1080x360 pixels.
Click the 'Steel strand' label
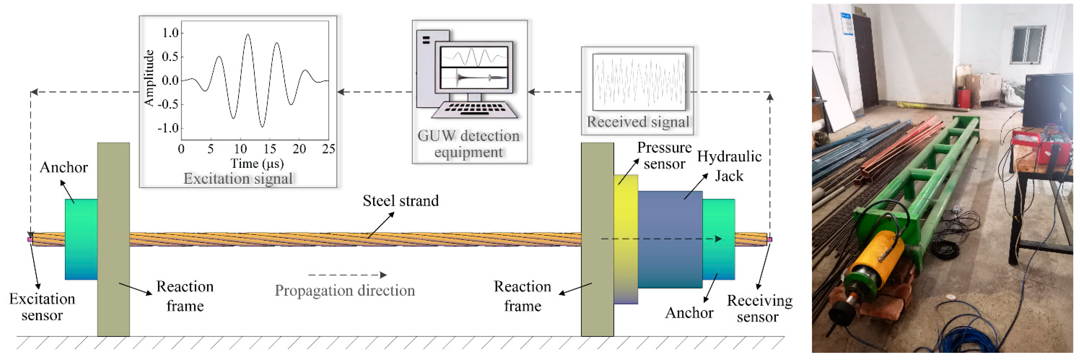[x=400, y=201]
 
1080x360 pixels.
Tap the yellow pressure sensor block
[x=626, y=239]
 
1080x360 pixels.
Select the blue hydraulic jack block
[x=670, y=239]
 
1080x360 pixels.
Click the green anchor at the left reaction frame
[x=81, y=239]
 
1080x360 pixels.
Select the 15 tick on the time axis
[x=270, y=149]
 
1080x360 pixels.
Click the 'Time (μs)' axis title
[x=257, y=163]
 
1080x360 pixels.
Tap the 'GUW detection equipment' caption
[x=468, y=144]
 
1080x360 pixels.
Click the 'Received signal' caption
[x=637, y=122]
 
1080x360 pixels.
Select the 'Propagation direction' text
[x=345, y=290]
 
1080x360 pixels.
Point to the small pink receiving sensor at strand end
[x=769, y=240]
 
